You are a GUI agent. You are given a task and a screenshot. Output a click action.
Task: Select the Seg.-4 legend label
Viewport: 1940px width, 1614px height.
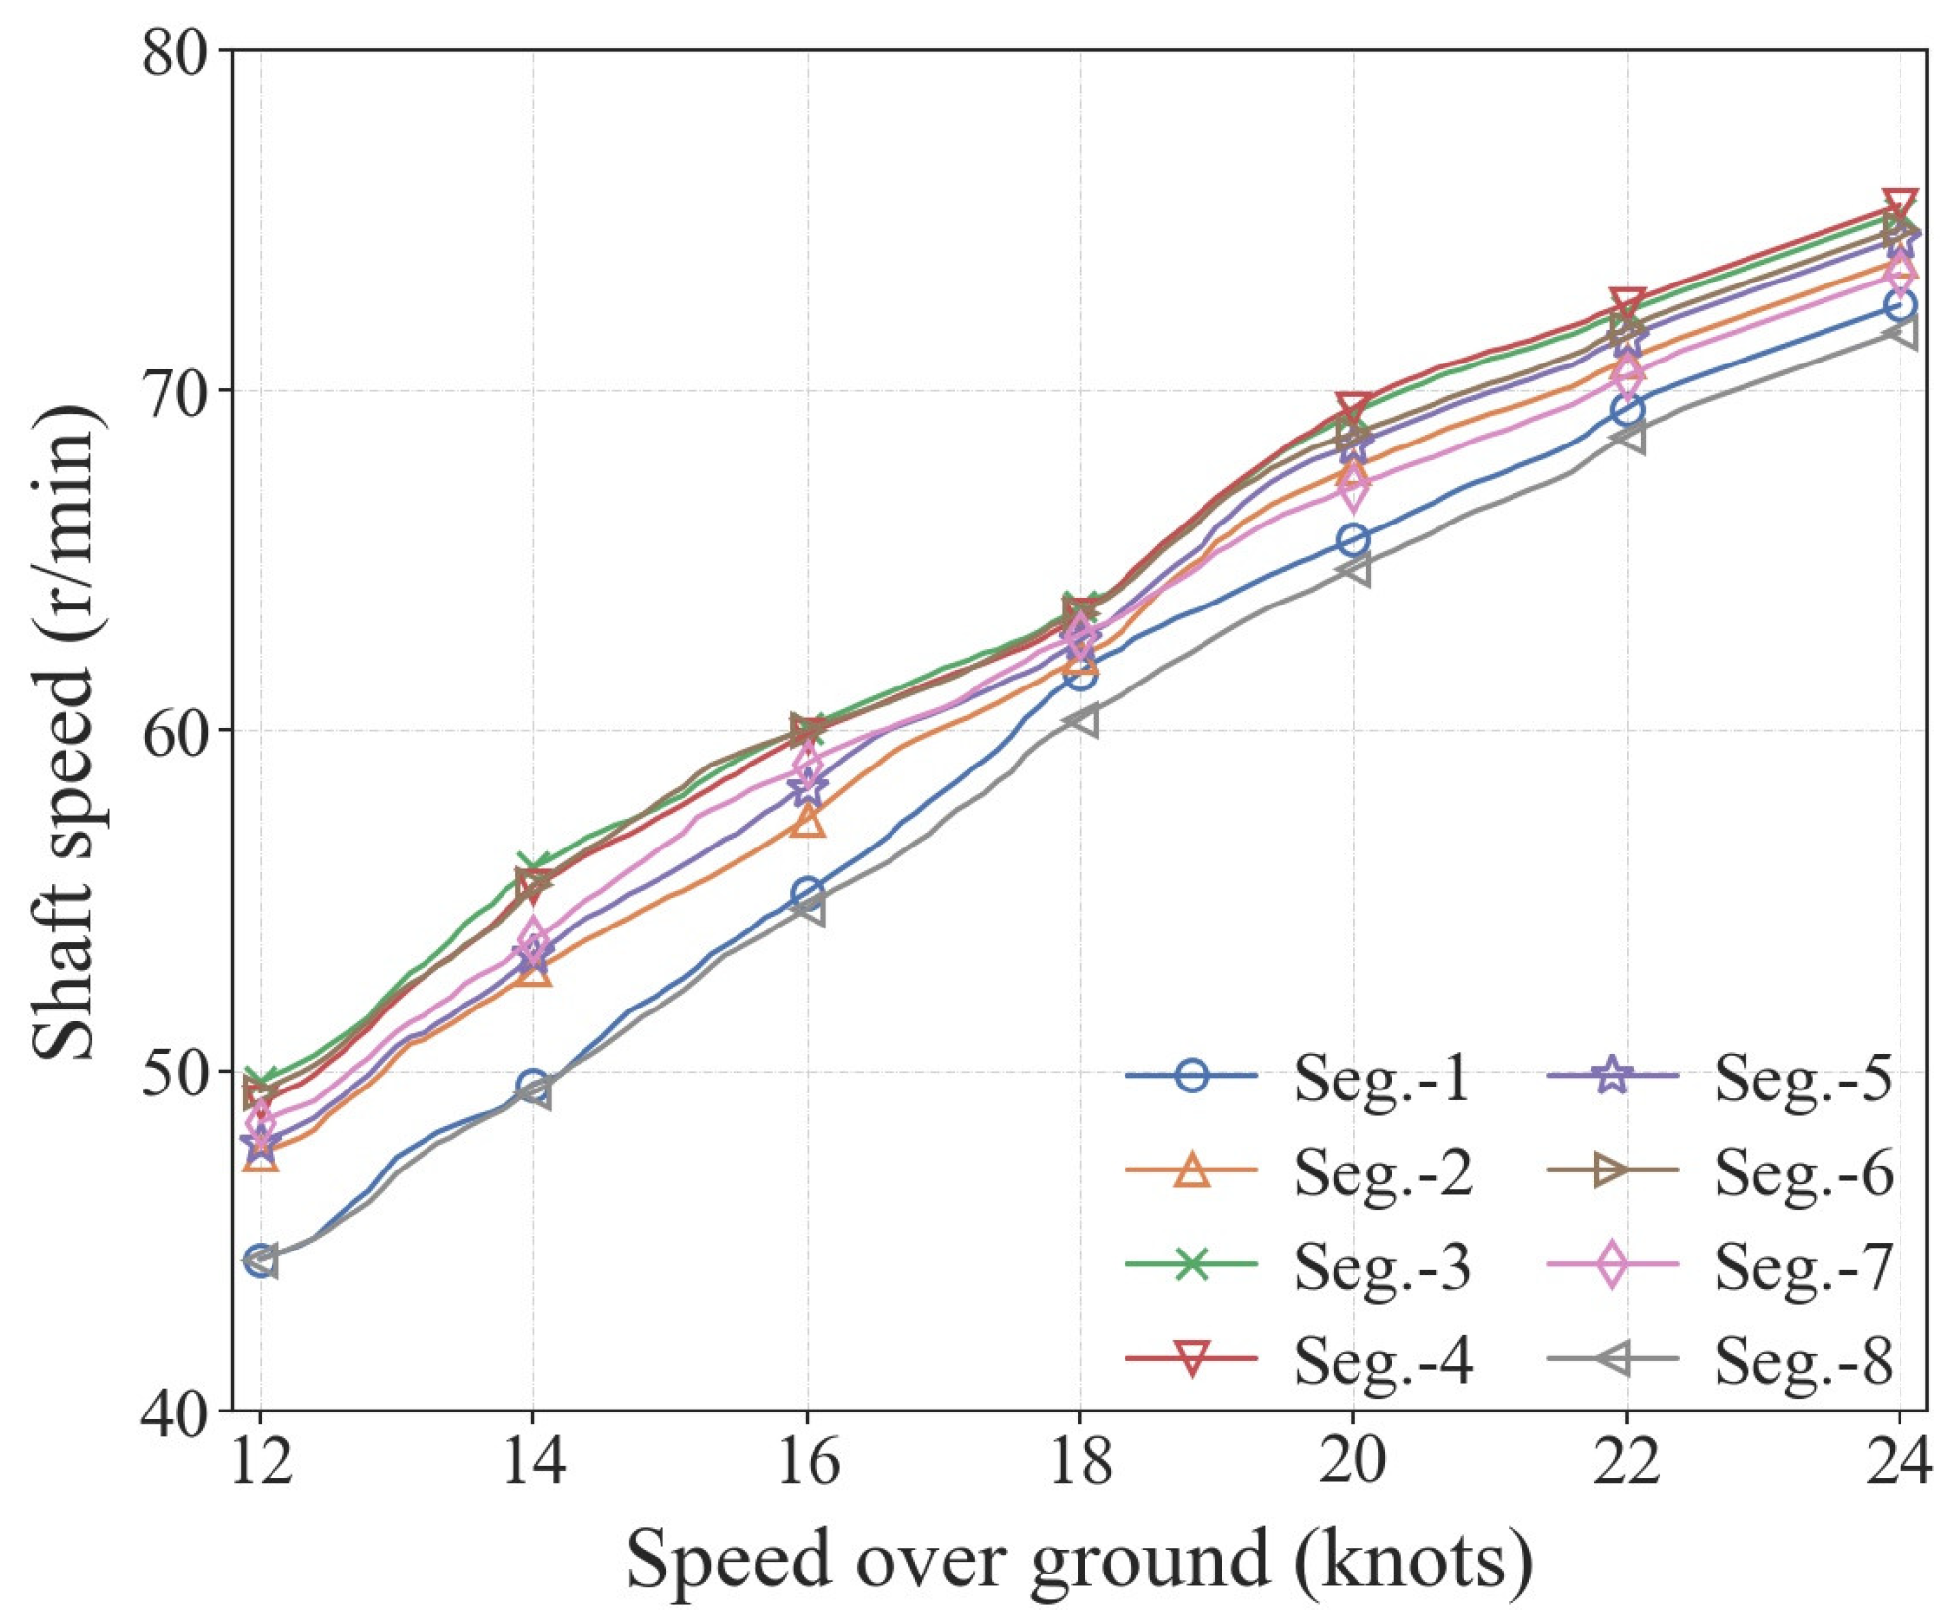coord(1382,1361)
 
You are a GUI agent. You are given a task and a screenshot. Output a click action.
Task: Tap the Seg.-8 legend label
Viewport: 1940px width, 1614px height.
coord(1803,1361)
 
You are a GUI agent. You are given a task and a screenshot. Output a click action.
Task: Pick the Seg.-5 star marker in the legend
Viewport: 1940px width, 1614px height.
coord(1611,1074)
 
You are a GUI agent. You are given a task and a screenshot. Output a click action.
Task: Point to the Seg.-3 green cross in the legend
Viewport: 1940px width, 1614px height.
coord(1192,1263)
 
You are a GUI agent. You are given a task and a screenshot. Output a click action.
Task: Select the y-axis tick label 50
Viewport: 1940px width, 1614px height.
coord(175,1071)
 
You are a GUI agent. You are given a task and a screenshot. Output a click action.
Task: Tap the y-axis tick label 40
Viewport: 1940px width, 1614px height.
coord(175,1411)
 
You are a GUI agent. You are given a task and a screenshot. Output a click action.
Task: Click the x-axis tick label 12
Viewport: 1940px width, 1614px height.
coord(261,1460)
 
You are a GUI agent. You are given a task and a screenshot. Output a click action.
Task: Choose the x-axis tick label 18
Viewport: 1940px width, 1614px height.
coord(1079,1460)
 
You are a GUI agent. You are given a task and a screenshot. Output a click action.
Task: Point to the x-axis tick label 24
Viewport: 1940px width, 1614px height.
coord(1897,1460)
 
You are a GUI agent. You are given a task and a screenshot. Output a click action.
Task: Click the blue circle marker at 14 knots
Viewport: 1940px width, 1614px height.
coord(533,1086)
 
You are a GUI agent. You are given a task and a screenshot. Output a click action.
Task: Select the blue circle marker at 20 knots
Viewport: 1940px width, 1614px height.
coord(1352,540)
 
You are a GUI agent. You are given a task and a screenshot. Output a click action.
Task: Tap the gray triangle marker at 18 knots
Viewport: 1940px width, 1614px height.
coord(1080,722)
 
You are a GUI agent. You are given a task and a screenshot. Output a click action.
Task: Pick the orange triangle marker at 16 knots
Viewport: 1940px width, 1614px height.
coord(808,821)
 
